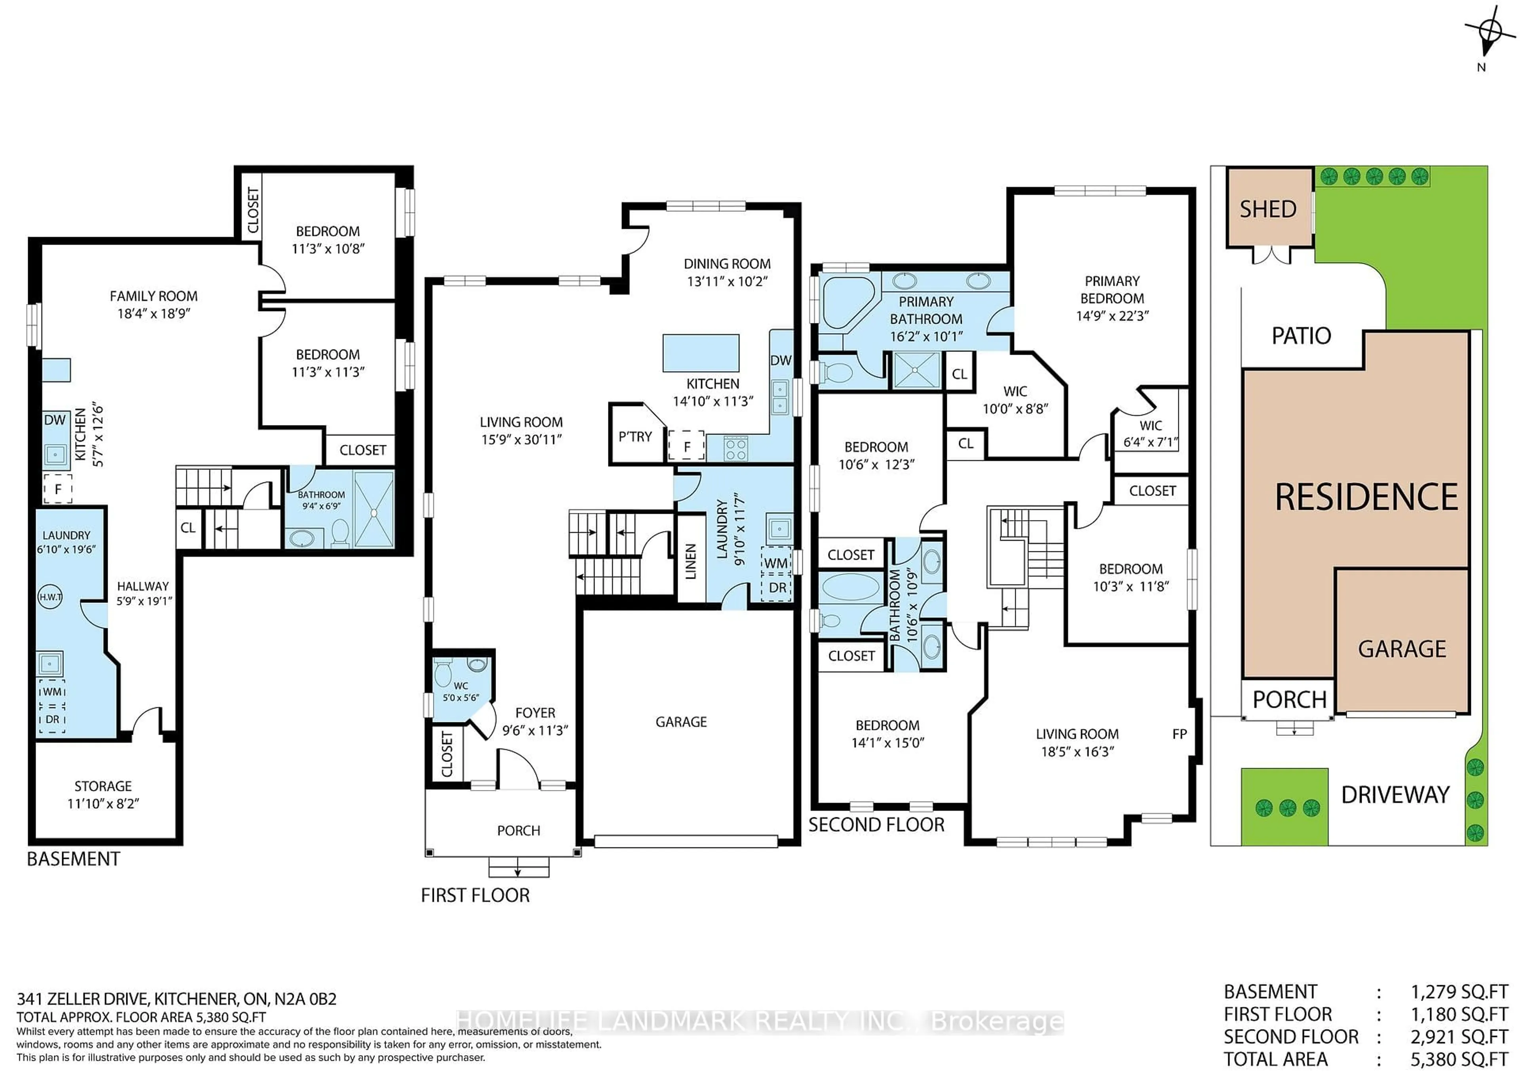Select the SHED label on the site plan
[x=1267, y=209]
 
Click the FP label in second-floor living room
[x=1179, y=734]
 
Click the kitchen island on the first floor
[x=700, y=353]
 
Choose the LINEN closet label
[x=690, y=561]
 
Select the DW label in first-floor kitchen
[x=781, y=360]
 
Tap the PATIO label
[x=1301, y=336]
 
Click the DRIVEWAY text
[x=1395, y=794]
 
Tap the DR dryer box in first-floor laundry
[x=777, y=588]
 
